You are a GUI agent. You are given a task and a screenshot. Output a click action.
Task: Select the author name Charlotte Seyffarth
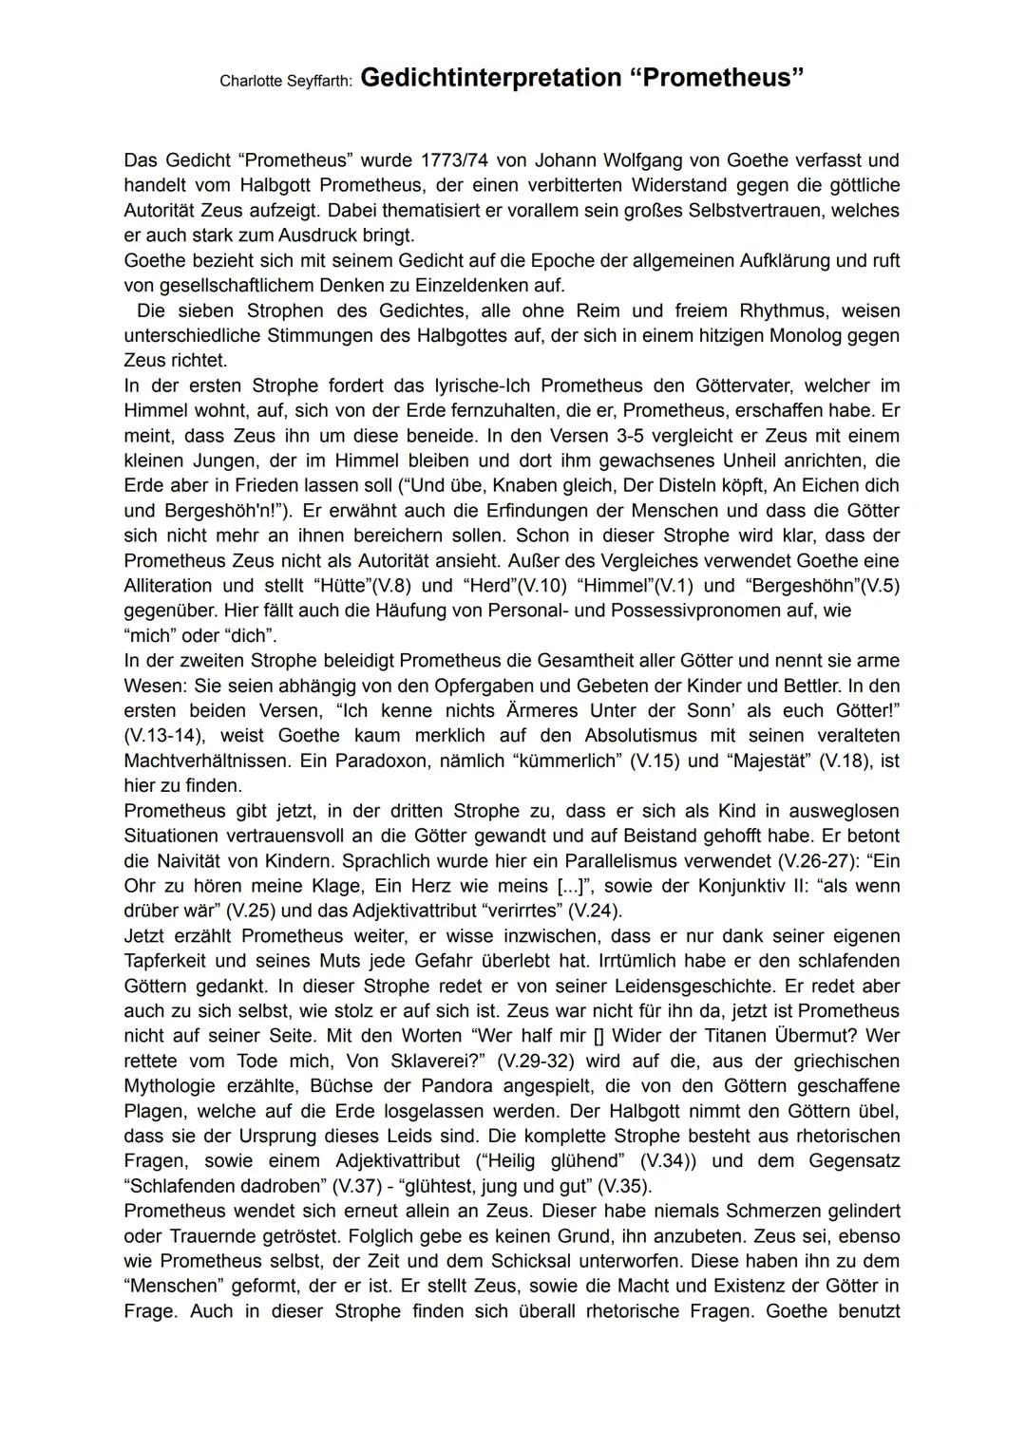click(286, 82)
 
